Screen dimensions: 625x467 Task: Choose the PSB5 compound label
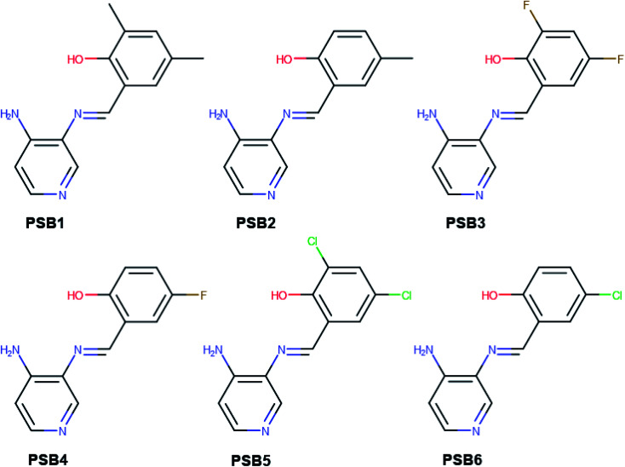click(x=255, y=458)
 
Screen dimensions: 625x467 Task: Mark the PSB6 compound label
click(x=465, y=458)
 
